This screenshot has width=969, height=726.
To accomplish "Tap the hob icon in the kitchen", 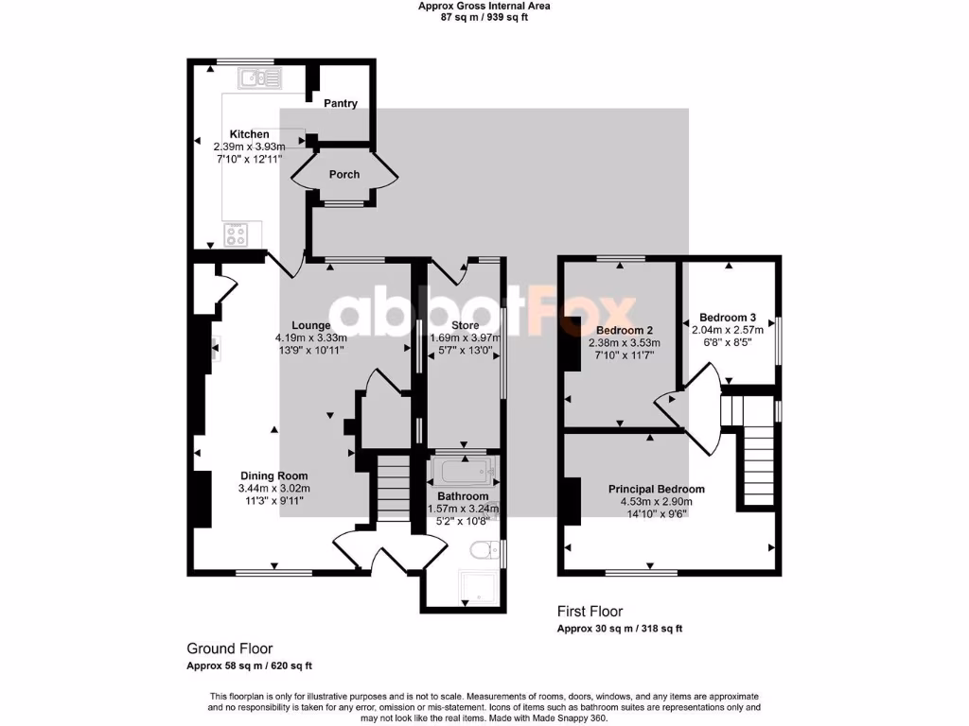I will point(236,233).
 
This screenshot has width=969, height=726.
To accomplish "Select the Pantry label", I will point(341,103).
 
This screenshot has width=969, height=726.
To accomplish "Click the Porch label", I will point(344,175).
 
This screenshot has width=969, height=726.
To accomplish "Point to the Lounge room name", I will point(310,325).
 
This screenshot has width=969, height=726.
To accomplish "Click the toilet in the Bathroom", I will point(484,549).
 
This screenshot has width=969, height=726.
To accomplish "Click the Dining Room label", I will point(273,475).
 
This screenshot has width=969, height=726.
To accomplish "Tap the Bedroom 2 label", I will point(624,330).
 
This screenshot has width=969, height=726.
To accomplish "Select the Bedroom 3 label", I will point(728,317).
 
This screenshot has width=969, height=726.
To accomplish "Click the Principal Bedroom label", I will point(656,489).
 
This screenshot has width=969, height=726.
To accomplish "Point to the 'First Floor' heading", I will point(590,612).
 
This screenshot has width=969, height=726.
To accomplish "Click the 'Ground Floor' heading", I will point(230,648).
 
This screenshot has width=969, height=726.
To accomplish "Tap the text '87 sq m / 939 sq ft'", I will point(484,17).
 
